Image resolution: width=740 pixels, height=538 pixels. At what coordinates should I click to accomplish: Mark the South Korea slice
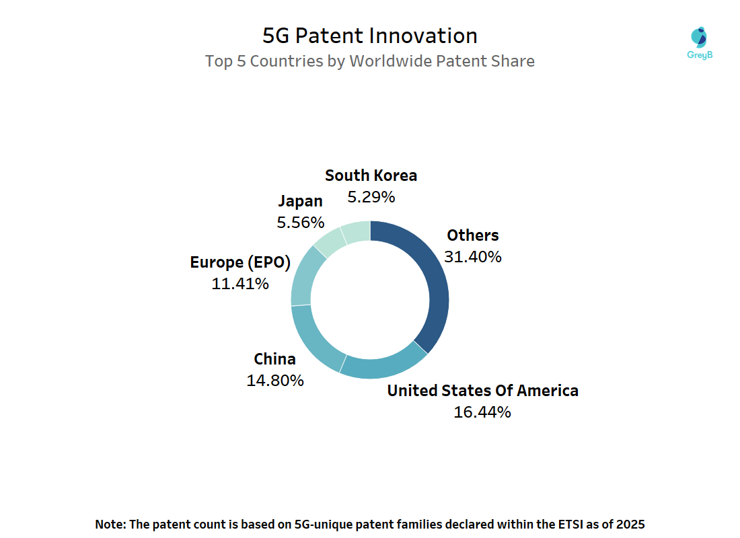[356, 231]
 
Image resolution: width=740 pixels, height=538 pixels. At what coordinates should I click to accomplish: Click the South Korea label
[371, 176]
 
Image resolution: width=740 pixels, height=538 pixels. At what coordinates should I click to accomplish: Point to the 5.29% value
[371, 197]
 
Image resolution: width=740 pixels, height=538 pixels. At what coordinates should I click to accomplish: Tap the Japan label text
[300, 200]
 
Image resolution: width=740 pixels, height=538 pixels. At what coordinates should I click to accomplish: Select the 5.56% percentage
[300, 222]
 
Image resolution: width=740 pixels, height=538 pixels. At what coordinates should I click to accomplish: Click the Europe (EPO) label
[240, 262]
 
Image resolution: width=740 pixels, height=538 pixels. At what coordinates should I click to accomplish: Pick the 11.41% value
[240, 284]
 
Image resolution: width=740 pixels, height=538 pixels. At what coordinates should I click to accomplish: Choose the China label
[274, 358]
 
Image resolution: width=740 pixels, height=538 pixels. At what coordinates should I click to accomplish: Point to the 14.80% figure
[274, 380]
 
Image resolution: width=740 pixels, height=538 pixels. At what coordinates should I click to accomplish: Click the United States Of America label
[482, 391]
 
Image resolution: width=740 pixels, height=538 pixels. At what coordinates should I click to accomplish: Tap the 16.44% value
[482, 412]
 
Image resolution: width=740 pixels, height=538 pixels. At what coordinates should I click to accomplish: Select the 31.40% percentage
[473, 256]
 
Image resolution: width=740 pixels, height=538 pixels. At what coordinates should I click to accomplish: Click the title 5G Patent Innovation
[370, 35]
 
